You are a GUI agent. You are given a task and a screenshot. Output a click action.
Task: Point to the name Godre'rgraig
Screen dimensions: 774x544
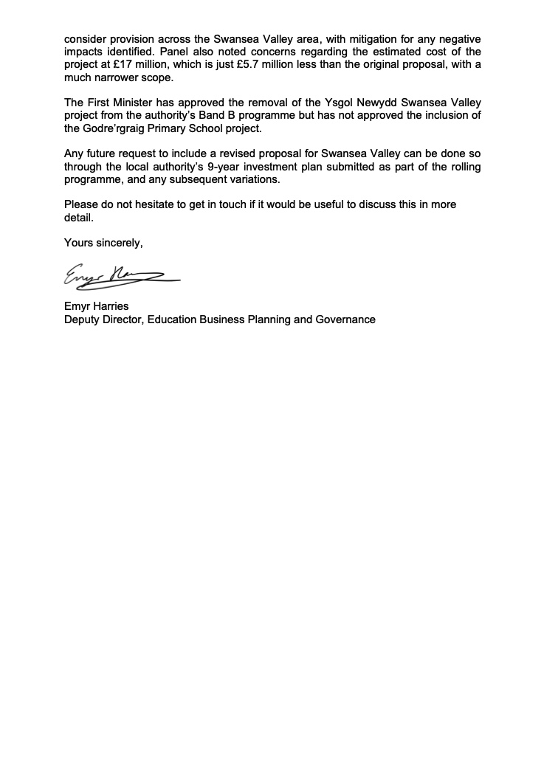tap(114, 129)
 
